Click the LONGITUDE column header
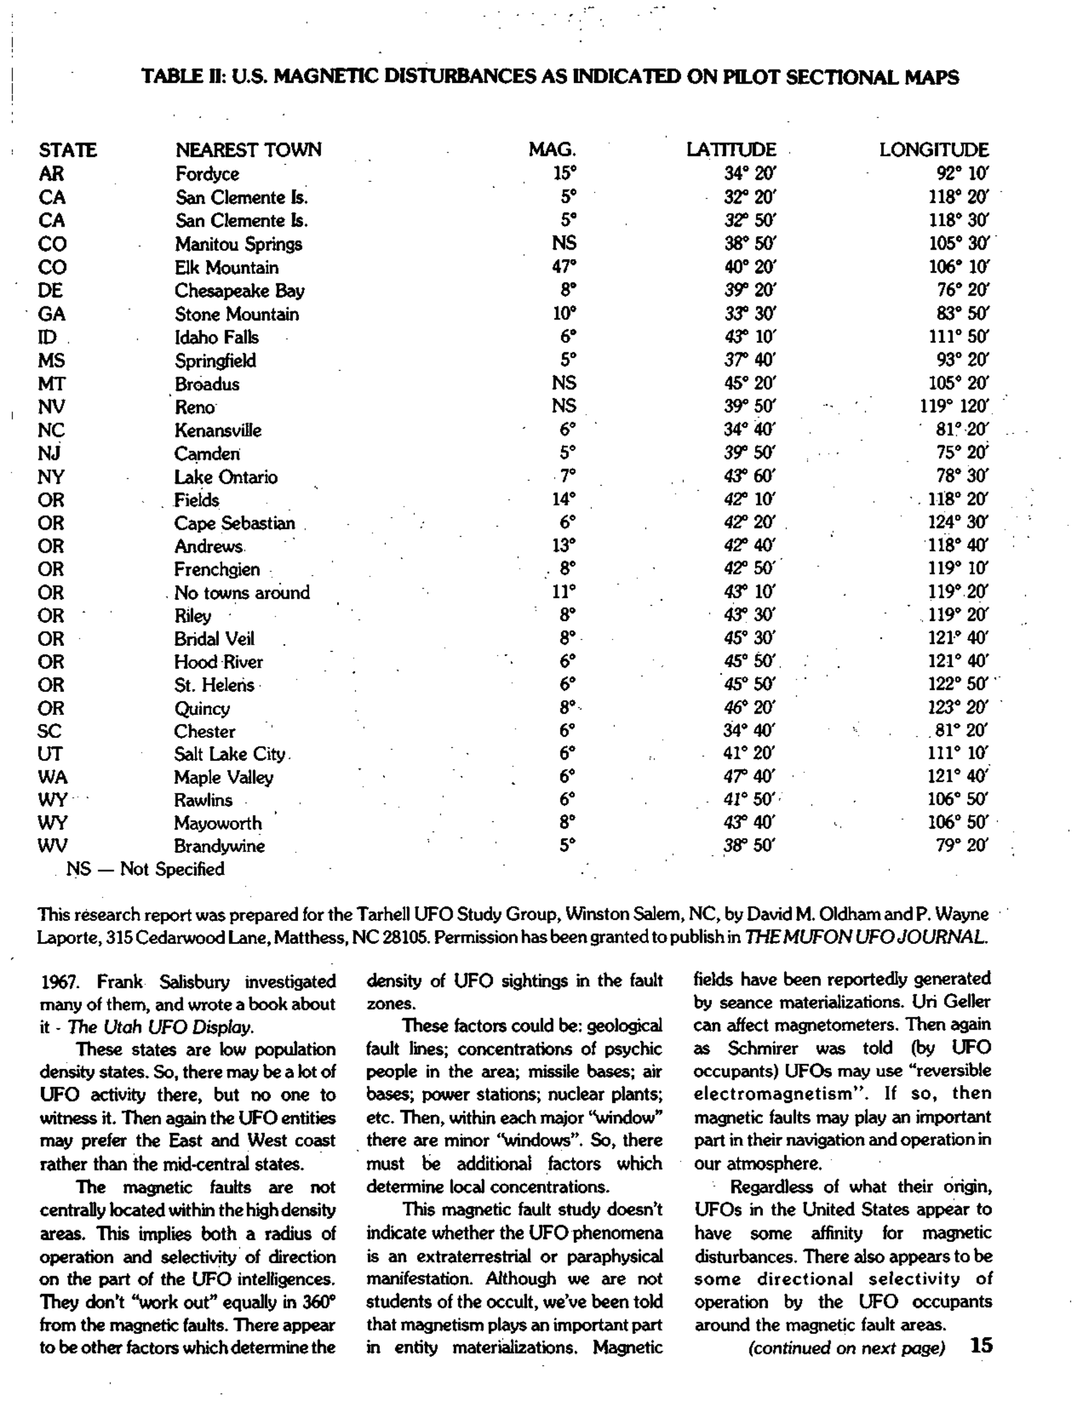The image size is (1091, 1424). point(933,150)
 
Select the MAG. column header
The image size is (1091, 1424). point(552,150)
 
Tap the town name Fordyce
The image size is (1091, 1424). point(207,174)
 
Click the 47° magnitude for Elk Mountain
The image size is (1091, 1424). point(564,267)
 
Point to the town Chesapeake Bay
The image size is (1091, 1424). point(239,291)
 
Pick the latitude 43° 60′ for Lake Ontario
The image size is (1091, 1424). point(749,476)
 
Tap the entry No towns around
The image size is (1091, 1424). point(241,593)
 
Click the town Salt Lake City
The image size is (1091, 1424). point(230,754)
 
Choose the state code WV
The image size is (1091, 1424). point(52,846)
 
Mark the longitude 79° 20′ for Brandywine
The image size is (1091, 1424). point(962,846)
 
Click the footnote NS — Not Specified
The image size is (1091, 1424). point(146,869)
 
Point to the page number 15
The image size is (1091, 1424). point(981,1345)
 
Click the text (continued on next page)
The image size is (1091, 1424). point(846,1348)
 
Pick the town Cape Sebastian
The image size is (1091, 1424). point(234,523)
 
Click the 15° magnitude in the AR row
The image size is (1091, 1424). point(564,174)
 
